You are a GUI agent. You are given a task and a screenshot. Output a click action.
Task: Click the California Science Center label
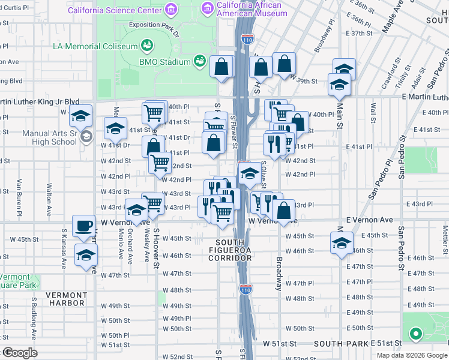click(115, 11)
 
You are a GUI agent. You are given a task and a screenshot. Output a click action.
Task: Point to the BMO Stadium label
click(165, 61)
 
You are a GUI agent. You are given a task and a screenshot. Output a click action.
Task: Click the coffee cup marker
click(83, 226)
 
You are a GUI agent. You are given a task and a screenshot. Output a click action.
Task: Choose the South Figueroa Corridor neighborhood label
click(230, 253)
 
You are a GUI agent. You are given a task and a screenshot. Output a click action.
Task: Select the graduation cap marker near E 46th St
click(342, 244)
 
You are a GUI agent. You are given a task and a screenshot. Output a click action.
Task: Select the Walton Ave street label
click(47, 194)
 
